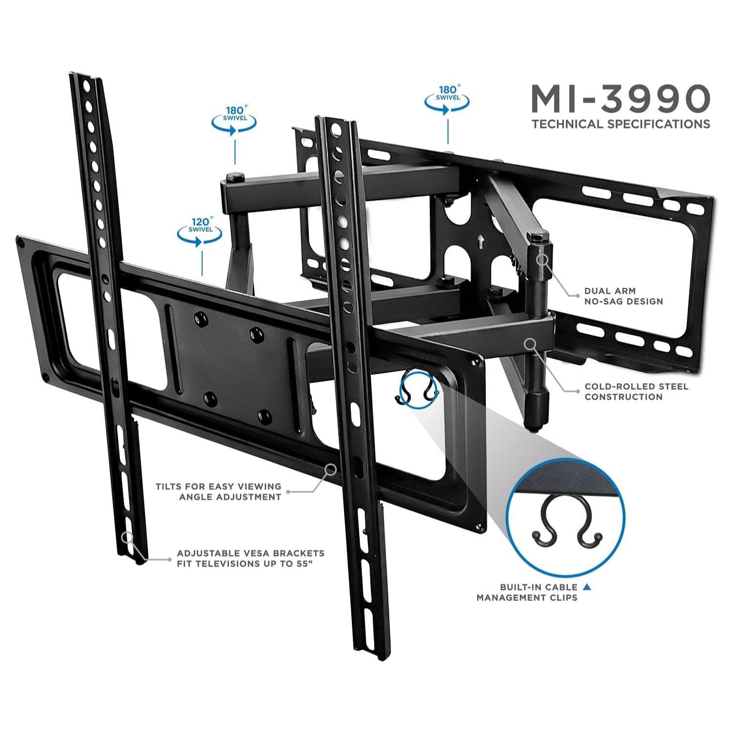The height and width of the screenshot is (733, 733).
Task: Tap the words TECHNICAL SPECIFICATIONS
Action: [621, 124]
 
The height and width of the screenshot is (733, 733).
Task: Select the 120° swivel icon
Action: [200, 231]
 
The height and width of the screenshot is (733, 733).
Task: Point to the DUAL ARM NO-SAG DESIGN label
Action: [624, 296]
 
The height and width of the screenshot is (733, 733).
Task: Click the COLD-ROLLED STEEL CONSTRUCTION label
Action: [636, 391]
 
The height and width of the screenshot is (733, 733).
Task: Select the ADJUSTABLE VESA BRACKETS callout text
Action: [250, 559]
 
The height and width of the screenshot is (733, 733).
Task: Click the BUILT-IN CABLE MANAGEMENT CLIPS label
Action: [527, 592]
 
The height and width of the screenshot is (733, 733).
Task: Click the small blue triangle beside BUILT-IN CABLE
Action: [587, 586]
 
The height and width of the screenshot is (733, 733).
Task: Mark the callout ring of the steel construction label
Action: [529, 344]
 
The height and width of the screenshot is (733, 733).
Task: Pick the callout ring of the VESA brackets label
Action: [128, 538]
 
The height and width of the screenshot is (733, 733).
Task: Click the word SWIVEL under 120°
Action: [200, 229]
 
